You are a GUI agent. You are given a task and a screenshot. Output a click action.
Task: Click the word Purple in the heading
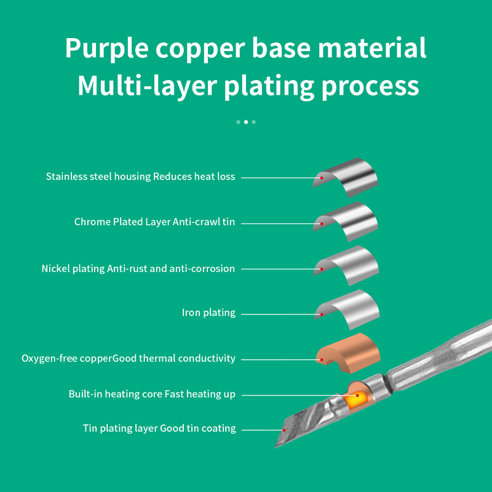[106, 49]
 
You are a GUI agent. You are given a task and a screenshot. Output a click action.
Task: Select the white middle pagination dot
[246, 122]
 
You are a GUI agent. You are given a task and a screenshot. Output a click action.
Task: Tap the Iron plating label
[208, 312]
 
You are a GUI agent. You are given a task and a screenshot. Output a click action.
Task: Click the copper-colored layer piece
[348, 354]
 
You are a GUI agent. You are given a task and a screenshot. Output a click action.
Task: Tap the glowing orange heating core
[356, 399]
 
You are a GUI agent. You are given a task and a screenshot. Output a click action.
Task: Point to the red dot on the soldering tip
[284, 430]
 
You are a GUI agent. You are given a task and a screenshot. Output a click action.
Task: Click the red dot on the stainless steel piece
[322, 178]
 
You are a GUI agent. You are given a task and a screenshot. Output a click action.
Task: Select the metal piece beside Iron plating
[347, 309]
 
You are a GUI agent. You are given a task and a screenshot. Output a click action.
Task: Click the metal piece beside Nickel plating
[347, 266]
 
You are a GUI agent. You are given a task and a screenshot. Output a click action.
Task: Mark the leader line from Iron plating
[281, 314]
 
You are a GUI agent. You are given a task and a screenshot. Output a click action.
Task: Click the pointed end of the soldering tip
[275, 447]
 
